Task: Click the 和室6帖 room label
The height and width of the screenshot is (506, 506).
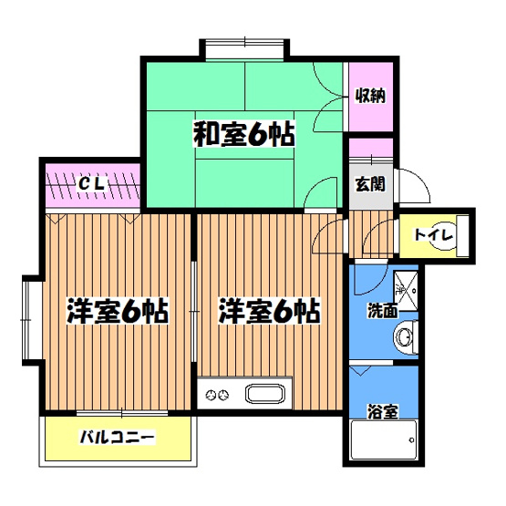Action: (243, 136)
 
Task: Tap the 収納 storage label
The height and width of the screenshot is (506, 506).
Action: (369, 94)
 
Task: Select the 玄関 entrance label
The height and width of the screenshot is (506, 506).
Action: (369, 183)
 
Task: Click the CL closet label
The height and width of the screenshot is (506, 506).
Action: (88, 184)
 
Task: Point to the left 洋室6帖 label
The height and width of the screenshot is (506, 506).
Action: (117, 312)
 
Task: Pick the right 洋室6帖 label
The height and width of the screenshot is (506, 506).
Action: (268, 312)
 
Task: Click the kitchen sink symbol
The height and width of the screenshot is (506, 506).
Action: (266, 397)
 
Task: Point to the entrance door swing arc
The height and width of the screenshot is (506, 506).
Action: (416, 186)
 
